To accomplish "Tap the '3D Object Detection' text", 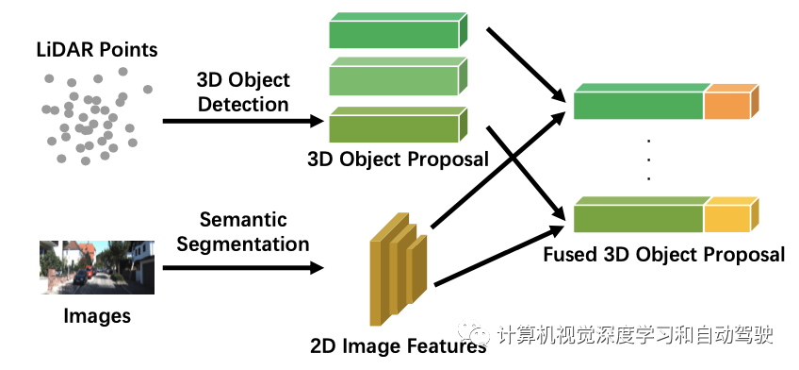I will [x=242, y=92].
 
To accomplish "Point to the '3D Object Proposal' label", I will [x=398, y=159].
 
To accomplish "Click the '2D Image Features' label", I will [x=398, y=345].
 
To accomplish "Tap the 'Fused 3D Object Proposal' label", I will [x=663, y=254].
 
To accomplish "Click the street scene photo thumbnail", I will [x=96, y=267].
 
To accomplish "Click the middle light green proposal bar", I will [x=396, y=79].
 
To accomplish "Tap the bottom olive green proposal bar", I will [x=396, y=126].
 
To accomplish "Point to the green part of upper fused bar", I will [x=639, y=102].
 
